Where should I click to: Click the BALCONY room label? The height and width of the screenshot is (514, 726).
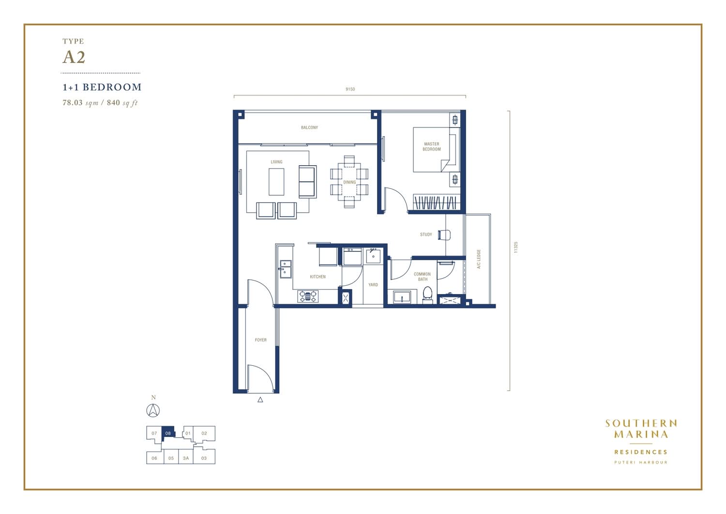pyautogui.click(x=309, y=127)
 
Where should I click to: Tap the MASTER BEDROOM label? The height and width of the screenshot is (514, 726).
pyautogui.click(x=431, y=147)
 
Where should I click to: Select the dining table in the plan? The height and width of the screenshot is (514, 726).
pyautogui.click(x=349, y=182)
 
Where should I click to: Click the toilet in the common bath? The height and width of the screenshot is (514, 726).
pyautogui.click(x=427, y=295)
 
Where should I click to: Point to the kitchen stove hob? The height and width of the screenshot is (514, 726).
pyautogui.click(x=307, y=296)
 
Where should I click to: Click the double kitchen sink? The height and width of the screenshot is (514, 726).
pyautogui.click(x=286, y=269)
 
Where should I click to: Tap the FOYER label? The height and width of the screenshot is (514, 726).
pyautogui.click(x=260, y=340)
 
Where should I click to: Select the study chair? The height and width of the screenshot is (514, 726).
pyautogui.click(x=444, y=234)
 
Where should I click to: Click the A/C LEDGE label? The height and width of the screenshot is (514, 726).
pyautogui.click(x=479, y=259)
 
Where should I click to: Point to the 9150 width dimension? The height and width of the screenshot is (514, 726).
pyautogui.click(x=350, y=89)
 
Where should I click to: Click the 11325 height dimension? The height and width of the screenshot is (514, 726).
pyautogui.click(x=515, y=247)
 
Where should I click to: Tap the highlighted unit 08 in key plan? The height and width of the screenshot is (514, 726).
pyautogui.click(x=168, y=433)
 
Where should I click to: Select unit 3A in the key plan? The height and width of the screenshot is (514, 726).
pyautogui.click(x=186, y=458)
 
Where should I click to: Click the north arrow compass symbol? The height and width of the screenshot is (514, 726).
pyautogui.click(x=153, y=410)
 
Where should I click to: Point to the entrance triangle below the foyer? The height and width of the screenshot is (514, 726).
pyautogui.click(x=260, y=400)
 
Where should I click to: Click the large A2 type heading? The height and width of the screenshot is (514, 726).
pyautogui.click(x=74, y=58)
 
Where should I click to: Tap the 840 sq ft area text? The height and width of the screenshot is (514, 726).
pyautogui.click(x=122, y=103)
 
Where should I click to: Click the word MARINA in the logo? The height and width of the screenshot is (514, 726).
pyautogui.click(x=641, y=434)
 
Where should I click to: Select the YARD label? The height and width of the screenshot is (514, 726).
pyautogui.click(x=373, y=284)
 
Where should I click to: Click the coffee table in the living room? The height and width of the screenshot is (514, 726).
pyautogui.click(x=276, y=182)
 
